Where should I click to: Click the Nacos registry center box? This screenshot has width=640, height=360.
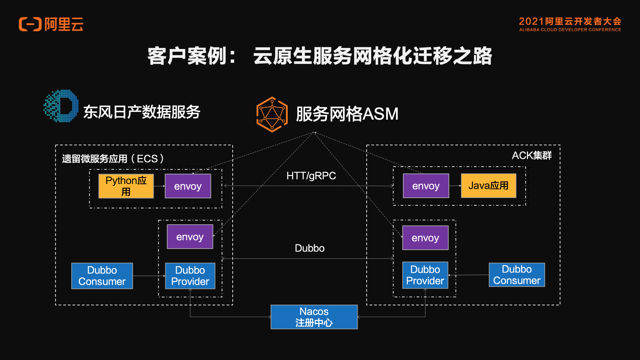[314, 317]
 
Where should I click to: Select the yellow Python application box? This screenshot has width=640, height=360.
[126, 186]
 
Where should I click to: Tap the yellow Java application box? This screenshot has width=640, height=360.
[489, 186]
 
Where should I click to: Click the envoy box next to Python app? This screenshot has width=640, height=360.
[188, 186]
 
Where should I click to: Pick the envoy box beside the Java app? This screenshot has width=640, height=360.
[426, 186]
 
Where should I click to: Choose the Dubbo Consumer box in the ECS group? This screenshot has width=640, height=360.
[102, 276]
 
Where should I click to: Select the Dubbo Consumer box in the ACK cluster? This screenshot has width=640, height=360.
[517, 275]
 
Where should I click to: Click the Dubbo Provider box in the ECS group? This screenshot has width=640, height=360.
[190, 276]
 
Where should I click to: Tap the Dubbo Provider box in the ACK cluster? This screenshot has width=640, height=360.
[425, 275]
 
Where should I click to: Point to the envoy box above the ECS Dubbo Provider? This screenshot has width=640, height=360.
[190, 237]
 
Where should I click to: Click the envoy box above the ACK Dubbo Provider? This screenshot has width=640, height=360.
[425, 238]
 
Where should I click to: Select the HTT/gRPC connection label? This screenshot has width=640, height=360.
[311, 176]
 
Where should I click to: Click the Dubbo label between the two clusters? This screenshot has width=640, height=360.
[310, 248]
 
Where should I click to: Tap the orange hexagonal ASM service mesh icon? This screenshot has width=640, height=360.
[272, 114]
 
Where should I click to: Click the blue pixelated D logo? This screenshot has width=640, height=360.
[61, 106]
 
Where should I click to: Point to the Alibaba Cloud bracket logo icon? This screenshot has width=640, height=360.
[30, 24]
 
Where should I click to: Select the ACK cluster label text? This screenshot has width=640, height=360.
[532, 155]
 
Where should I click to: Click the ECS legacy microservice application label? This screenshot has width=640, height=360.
[113, 159]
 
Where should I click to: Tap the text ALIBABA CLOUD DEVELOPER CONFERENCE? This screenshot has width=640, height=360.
[570, 30]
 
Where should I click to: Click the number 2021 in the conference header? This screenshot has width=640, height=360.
[531, 21]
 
